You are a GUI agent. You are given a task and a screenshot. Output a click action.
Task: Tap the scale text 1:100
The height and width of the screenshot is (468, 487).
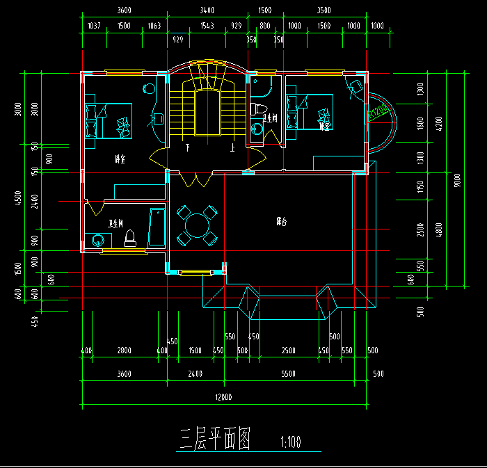click(290, 442)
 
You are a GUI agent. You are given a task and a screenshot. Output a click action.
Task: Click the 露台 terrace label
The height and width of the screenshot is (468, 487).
click(281, 223)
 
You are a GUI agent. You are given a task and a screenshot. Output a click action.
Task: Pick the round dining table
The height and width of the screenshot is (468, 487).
click(196, 225)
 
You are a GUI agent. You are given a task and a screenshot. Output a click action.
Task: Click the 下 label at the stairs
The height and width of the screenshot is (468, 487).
click(187, 147)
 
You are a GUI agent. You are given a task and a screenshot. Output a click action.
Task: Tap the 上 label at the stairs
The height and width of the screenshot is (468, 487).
click(232, 147)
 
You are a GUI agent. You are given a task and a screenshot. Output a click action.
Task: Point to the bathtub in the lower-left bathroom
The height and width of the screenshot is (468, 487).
click(156, 227)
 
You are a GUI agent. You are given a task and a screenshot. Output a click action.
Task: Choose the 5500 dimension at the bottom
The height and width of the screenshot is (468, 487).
click(288, 374)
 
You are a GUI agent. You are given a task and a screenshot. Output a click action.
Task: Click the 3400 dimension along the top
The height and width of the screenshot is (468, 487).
click(207, 10)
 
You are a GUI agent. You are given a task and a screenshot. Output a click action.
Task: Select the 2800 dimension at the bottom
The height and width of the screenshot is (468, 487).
click(124, 350)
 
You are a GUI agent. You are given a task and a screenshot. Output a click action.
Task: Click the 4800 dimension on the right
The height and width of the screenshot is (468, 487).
click(439, 229)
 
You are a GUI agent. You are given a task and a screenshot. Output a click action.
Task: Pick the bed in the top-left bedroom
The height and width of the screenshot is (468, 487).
click(108, 120)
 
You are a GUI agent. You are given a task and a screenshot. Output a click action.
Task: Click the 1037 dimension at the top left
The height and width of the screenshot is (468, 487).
click(93, 26)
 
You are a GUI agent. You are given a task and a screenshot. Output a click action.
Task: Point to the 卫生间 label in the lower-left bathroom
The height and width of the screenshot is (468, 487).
click(115, 224)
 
